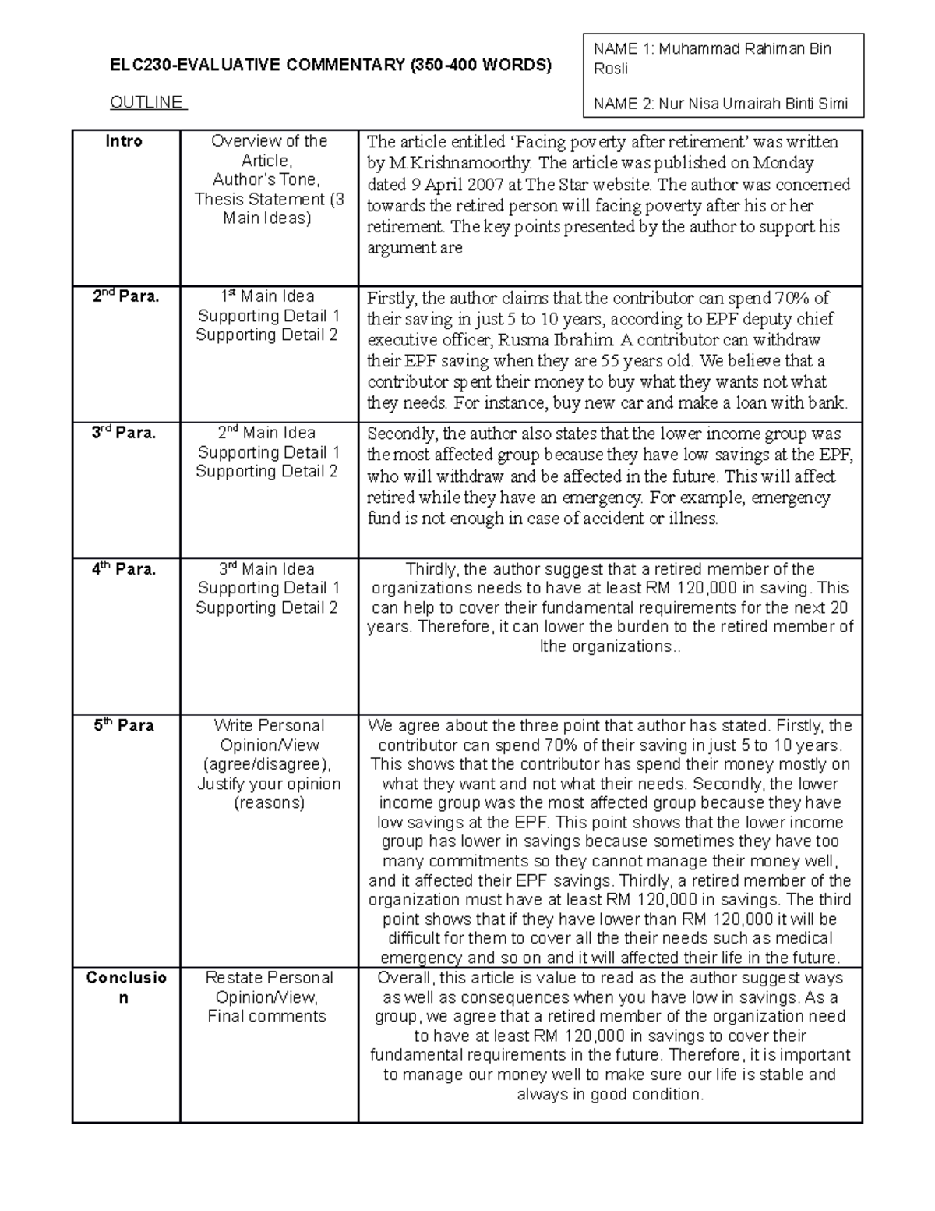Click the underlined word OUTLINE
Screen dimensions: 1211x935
pyautogui.click(x=146, y=102)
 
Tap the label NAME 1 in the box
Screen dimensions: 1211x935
pyautogui.click(x=622, y=49)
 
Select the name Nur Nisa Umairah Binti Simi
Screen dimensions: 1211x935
pyautogui.click(x=753, y=104)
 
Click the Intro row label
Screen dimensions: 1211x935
pyautogui.click(x=124, y=141)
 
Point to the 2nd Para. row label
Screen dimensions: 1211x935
pyautogui.click(x=124, y=296)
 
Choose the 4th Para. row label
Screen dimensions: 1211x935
pyautogui.click(x=124, y=569)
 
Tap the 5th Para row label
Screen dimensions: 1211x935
pyautogui.click(x=124, y=725)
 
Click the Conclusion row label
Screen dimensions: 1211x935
pyautogui.click(x=125, y=987)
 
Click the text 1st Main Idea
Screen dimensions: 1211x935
pyautogui.click(x=267, y=296)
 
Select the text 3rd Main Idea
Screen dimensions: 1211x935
pyautogui.click(x=267, y=569)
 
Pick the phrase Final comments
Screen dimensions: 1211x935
pyautogui.click(x=266, y=1016)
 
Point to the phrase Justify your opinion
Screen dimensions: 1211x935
pyautogui.click(x=269, y=784)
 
